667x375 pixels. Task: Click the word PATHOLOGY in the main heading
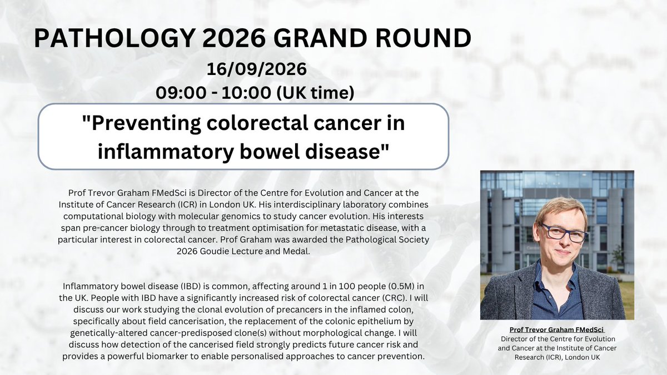(x=114, y=38)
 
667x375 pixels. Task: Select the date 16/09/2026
(x=257, y=69)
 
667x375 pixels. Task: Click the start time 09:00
(x=181, y=93)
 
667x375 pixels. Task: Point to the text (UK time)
(x=316, y=93)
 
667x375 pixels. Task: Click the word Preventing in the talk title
(x=142, y=123)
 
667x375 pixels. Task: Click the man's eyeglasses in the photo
(x=564, y=233)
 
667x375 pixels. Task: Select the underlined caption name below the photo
(x=556, y=330)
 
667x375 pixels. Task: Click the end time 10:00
(x=246, y=93)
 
